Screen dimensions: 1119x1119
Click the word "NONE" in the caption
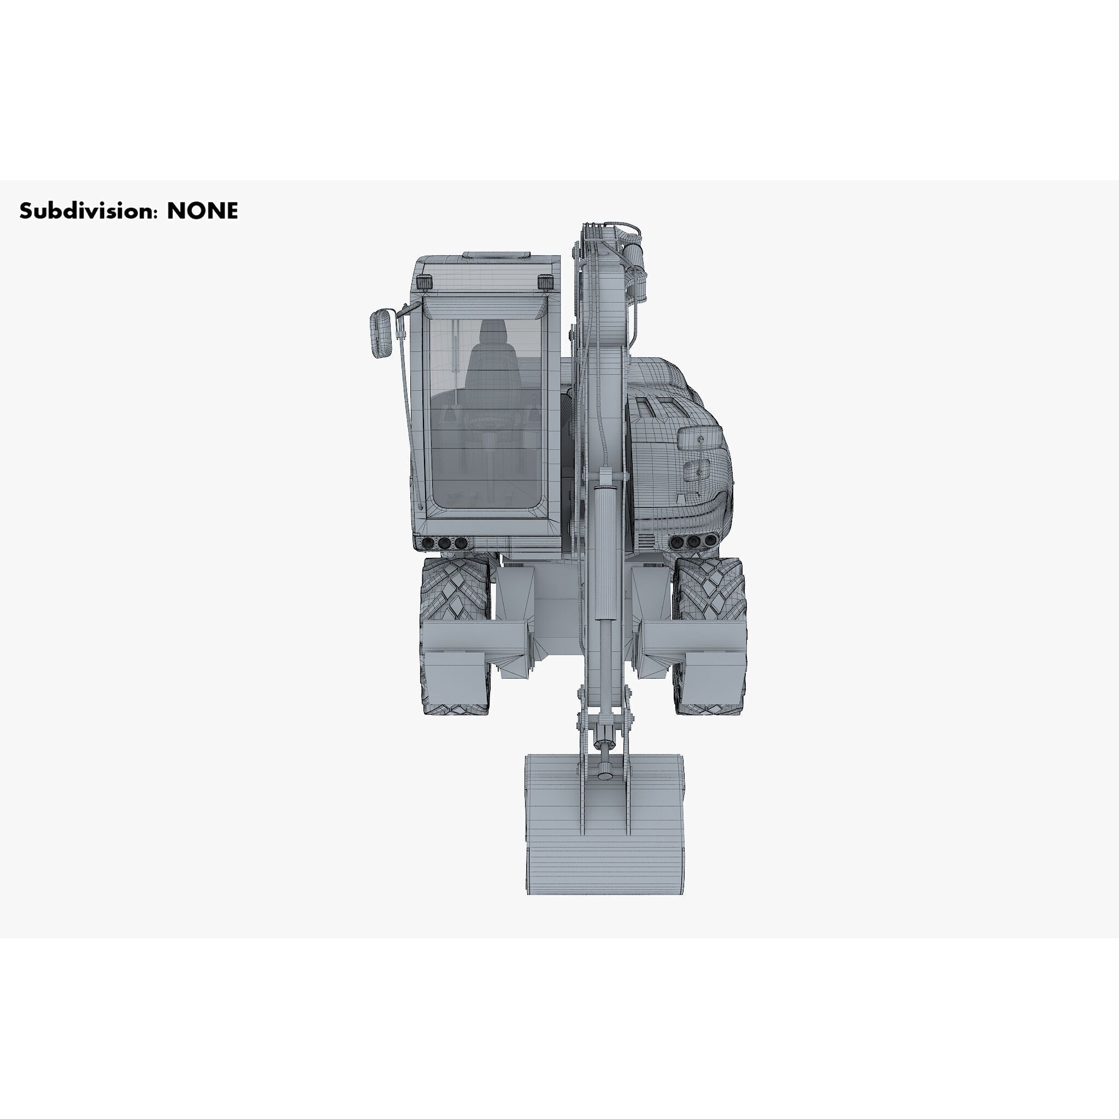pyautogui.click(x=202, y=211)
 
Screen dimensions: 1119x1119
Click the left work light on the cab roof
pyautogui.click(x=425, y=282)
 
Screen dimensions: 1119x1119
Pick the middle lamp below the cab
pyautogui.click(x=444, y=543)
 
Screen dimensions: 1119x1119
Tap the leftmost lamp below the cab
pyautogui.click(x=428, y=543)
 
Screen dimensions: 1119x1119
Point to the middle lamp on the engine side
pyautogui.click(x=693, y=541)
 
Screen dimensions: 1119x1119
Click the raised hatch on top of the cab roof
pyautogui.click(x=496, y=255)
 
